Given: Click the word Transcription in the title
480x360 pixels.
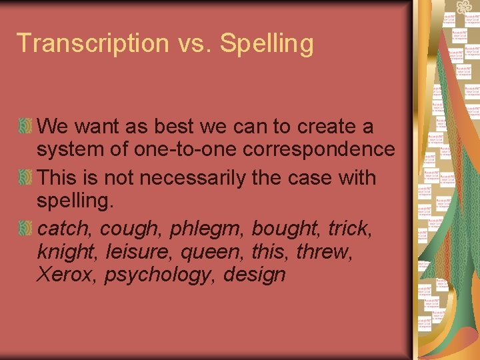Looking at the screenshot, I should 83,43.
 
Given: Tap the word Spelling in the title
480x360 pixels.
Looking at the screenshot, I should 267,44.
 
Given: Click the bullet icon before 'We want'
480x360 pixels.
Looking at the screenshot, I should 25,126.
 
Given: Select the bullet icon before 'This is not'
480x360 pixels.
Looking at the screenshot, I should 25,178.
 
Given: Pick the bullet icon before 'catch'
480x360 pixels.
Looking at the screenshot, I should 25,229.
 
